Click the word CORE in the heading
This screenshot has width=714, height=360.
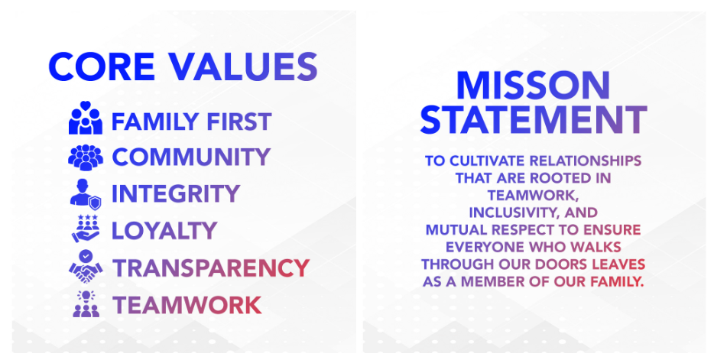coord(102,67)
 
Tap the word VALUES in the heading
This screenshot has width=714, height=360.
coord(244,67)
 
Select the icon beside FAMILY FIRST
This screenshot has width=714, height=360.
coord(85,118)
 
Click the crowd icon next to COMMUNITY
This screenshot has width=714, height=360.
coord(86,157)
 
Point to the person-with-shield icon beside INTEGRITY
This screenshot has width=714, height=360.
coord(85,194)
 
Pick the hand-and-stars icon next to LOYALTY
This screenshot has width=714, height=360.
coord(86,229)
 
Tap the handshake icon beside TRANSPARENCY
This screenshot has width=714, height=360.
coord(86,266)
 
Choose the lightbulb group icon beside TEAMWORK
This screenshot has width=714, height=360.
coord(86,304)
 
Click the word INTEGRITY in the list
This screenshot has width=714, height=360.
coord(176,194)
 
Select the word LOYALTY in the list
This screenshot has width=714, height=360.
coord(164,231)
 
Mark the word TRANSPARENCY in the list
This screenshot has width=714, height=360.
coord(211,268)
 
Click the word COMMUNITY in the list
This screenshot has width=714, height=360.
coord(191,157)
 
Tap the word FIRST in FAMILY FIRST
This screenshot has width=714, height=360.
coord(239,122)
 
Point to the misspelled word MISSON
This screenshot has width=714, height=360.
coord(533,86)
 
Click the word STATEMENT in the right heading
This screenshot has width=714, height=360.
coord(534,120)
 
